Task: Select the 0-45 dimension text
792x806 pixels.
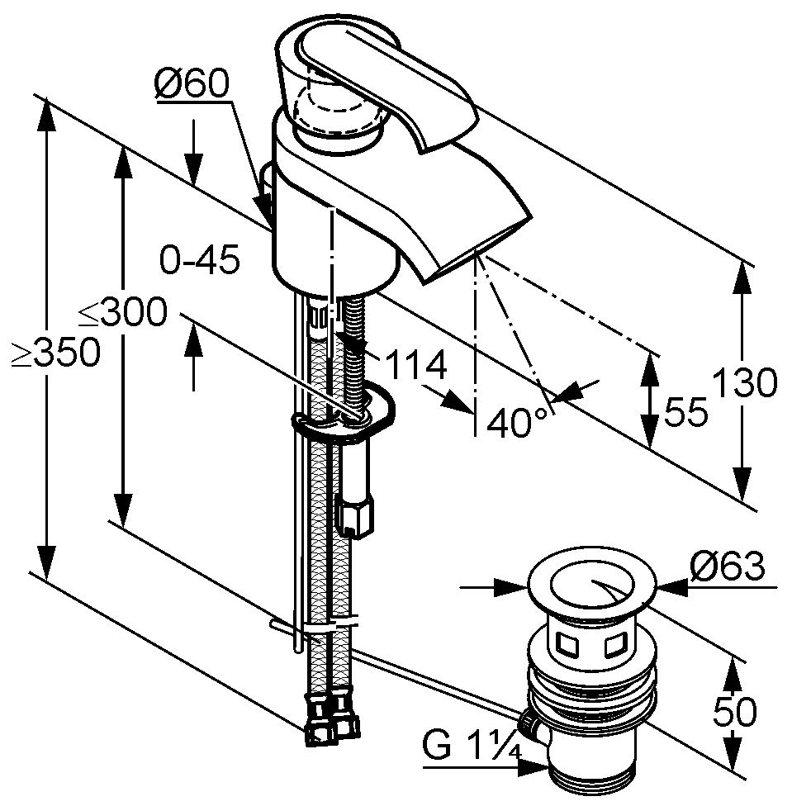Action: point(199,261)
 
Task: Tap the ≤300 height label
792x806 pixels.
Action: point(122,313)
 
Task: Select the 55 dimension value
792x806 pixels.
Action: point(685,410)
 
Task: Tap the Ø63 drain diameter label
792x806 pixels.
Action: point(727,567)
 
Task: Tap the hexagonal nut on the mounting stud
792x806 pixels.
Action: point(356,515)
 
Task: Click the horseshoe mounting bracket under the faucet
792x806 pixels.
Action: point(342,418)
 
